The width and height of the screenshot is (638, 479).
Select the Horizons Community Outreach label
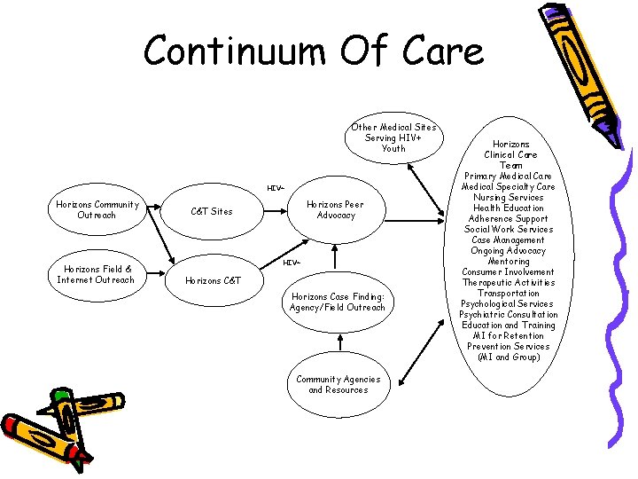(97, 209)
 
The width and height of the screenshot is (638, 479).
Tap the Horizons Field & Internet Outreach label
(96, 274)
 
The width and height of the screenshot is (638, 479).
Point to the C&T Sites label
(212, 211)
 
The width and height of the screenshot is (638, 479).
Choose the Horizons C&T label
(212, 280)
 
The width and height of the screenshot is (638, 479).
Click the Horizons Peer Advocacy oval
(336, 209)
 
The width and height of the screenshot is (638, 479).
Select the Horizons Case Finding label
(338, 302)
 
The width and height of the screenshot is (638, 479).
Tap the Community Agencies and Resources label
(338, 384)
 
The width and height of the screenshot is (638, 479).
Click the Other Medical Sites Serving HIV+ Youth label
(393, 137)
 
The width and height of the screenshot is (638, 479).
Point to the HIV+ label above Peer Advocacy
(275, 188)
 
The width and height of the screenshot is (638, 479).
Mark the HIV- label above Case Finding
(292, 263)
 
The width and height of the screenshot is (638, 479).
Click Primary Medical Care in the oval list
(509, 176)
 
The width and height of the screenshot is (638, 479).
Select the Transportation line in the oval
(509, 293)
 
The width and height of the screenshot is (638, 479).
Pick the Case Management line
(509, 239)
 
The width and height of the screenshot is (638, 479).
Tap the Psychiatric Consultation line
(509, 314)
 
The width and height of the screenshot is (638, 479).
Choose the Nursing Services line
(509, 197)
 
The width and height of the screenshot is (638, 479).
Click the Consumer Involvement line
(509, 271)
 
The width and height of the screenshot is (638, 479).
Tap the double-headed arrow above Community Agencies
(338, 348)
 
